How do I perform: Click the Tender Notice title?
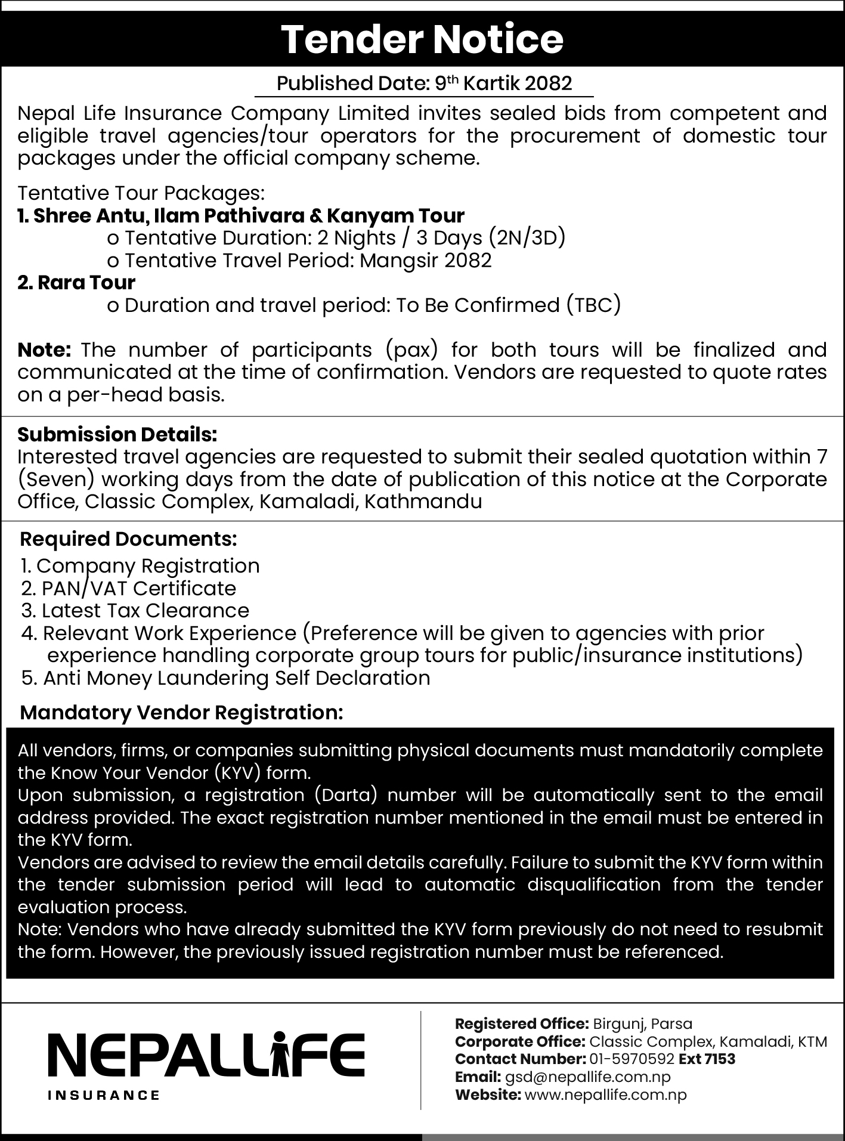tap(422, 39)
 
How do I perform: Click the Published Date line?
tap(424, 83)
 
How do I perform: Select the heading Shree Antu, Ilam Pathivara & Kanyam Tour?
tap(241, 215)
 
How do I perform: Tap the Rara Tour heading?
tap(76, 283)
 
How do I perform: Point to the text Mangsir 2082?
tap(426, 261)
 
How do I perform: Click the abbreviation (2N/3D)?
tap(527, 238)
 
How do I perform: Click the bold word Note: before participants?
tap(45, 350)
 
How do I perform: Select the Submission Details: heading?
tap(117, 435)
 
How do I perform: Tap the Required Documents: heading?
tap(129, 539)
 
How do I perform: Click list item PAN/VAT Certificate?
tap(129, 589)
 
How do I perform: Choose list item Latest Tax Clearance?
tap(135, 611)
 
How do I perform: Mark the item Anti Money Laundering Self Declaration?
tap(226, 678)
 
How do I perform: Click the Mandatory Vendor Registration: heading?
tap(182, 713)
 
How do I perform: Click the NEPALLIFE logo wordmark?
tap(206, 1054)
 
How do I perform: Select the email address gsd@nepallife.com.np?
tap(587, 1077)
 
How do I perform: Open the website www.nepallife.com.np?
tap(605, 1095)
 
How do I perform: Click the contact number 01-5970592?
tap(632, 1059)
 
